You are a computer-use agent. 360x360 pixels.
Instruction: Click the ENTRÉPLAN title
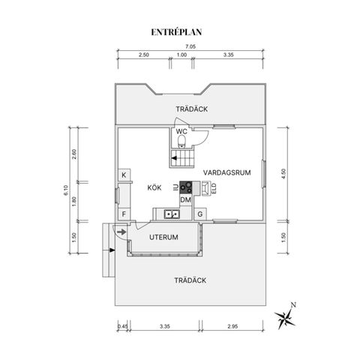click(176, 32)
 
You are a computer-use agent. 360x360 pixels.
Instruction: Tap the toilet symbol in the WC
click(181, 141)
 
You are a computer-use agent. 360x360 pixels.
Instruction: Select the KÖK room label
click(154, 187)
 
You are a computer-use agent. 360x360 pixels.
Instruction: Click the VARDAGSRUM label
click(226, 172)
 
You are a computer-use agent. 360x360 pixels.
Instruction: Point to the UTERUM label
click(163, 237)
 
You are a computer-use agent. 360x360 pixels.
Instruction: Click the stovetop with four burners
click(186, 187)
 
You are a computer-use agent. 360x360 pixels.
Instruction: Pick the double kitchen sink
click(172, 214)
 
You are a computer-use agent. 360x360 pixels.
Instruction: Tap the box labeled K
click(124, 175)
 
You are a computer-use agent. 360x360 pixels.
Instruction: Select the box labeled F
click(124, 214)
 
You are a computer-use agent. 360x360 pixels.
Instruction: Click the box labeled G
click(200, 214)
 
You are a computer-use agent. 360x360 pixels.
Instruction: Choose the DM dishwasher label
click(185, 199)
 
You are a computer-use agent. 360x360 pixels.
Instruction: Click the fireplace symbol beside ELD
click(206, 188)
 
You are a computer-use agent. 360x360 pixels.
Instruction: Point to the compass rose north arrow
click(286, 317)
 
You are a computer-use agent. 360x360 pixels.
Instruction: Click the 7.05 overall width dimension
click(190, 46)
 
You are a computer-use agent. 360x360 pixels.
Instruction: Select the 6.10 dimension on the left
click(66, 190)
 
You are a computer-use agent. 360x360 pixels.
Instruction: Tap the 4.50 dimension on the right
click(283, 174)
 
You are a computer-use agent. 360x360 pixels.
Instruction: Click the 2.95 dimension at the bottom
click(232, 326)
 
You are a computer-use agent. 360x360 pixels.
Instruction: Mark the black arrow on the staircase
click(174, 158)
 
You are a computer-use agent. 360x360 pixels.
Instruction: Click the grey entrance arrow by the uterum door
click(121, 232)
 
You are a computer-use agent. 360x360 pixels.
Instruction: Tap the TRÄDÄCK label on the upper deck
click(191, 109)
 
